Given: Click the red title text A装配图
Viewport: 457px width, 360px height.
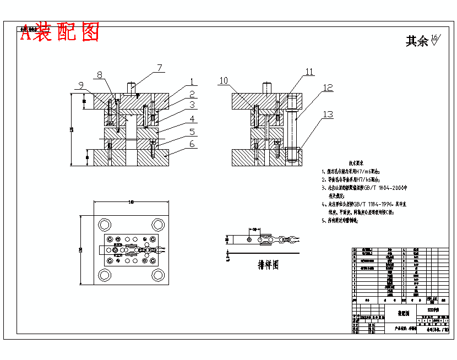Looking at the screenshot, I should (x=60, y=32).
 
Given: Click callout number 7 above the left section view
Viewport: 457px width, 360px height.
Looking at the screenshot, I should (x=159, y=68).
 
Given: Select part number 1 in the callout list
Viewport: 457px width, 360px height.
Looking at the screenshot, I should (x=191, y=82).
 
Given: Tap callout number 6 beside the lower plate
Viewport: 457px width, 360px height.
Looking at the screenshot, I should (x=192, y=144).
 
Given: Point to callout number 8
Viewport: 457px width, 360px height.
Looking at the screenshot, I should (x=100, y=75).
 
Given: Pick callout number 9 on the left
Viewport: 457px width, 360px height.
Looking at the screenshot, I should (x=81, y=85).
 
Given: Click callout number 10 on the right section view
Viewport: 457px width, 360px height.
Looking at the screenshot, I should (x=223, y=80).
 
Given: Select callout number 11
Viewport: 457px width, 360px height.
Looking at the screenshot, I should (x=309, y=72).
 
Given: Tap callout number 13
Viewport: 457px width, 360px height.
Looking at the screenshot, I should (x=328, y=114).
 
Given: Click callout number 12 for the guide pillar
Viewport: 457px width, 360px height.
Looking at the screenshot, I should (x=328, y=88).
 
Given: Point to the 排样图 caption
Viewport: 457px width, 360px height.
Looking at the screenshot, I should (x=268, y=265).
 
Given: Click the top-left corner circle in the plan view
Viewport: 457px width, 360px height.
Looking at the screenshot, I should (x=104, y=224).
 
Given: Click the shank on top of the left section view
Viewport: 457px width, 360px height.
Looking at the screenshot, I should (x=132, y=88).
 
